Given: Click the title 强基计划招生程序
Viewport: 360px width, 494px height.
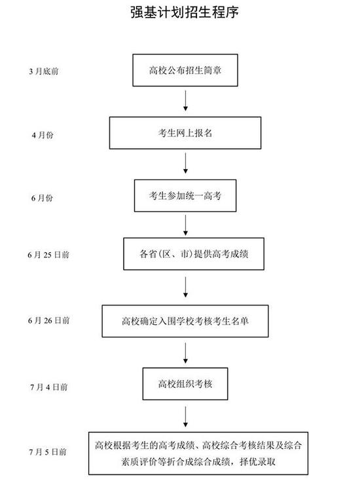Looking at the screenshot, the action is (185, 12).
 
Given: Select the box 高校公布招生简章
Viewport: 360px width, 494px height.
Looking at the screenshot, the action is (185, 70).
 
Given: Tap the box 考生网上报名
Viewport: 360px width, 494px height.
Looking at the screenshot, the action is (185, 133).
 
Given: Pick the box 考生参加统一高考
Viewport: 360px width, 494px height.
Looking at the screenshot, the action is (185, 196).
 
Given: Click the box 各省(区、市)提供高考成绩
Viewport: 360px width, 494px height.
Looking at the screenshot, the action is (194, 254).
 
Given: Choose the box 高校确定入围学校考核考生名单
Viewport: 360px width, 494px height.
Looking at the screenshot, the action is (185, 321).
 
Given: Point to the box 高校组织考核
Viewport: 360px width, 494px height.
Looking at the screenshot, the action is (185, 384).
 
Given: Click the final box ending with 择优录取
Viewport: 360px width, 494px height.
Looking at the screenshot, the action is (198, 453).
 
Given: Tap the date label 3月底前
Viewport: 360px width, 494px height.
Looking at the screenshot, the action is (44, 71).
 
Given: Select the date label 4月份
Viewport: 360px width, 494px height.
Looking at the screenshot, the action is (43, 135).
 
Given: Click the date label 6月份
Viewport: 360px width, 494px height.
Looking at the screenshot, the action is (42, 198).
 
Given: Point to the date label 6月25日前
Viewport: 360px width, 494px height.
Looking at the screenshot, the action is (48, 255).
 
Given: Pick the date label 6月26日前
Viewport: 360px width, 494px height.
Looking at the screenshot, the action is (49, 320).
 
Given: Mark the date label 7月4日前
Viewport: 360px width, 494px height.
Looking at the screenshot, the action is (49, 387).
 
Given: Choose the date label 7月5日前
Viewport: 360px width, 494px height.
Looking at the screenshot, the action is (48, 452).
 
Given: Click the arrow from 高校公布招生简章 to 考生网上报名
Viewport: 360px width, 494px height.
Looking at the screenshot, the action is (185, 101).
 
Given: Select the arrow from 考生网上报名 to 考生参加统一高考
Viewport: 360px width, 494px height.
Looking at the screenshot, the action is (185, 163).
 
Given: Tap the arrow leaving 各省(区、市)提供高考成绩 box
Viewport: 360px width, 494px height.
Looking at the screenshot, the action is (185, 287).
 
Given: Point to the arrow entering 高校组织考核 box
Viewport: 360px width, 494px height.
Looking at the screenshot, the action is (185, 353).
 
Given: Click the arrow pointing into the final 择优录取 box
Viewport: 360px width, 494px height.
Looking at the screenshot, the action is (185, 417).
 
